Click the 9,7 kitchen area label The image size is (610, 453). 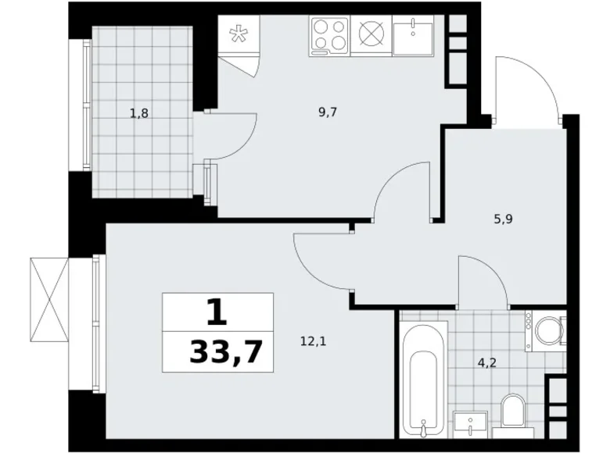coord(328,112)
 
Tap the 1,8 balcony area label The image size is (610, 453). coord(139,113)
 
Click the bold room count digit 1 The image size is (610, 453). coord(217,313)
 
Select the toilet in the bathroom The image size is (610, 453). coord(513,412)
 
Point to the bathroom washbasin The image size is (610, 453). coord(470,423)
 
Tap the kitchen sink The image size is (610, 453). coord(413,35)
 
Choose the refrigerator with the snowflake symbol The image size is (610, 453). coord(235,37)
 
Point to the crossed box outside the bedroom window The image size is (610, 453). coord(48,299)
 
